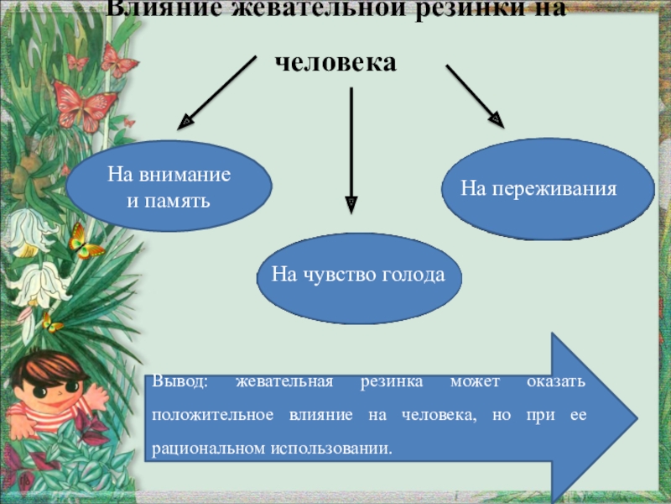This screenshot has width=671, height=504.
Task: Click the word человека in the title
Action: pyautogui.click(x=335, y=62)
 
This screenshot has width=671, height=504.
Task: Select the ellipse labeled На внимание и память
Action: pyautogui.click(x=169, y=186)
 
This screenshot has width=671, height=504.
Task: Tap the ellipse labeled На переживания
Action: pyautogui.click(x=537, y=189)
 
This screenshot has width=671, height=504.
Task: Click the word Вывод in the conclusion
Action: pyautogui.click(x=179, y=382)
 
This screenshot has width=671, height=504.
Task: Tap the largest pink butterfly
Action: pyautogui.click(x=84, y=105)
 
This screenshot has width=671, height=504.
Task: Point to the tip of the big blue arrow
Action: pyautogui.click(x=632, y=416)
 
